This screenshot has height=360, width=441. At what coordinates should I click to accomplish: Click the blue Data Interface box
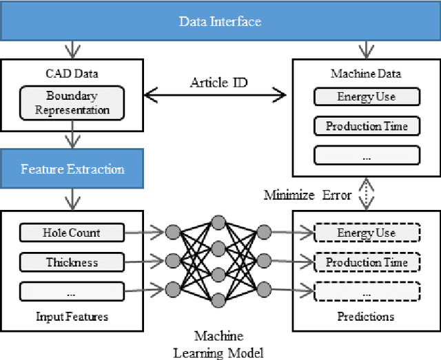(220, 21)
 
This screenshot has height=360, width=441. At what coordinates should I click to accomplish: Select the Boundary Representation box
(72, 103)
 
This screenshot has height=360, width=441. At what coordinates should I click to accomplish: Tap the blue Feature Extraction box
(72, 169)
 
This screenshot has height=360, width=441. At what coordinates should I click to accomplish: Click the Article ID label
(219, 83)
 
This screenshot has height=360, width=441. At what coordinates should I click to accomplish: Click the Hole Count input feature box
(72, 233)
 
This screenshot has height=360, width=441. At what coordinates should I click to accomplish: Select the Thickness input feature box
(72, 262)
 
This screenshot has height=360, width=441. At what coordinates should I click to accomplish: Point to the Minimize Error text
(307, 195)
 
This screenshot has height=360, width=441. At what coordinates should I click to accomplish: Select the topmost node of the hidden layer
(218, 222)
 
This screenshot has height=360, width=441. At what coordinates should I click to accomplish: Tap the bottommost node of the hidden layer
(218, 299)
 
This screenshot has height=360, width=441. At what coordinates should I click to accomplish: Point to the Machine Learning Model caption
(218, 344)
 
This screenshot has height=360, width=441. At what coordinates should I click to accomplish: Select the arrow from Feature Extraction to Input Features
(72, 199)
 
